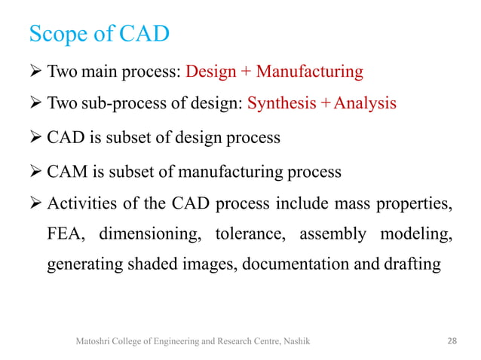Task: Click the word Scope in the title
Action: (x=57, y=35)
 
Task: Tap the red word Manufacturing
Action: (x=309, y=72)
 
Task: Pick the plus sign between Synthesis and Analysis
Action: (x=324, y=103)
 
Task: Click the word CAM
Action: (x=66, y=172)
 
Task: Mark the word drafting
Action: (x=408, y=265)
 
